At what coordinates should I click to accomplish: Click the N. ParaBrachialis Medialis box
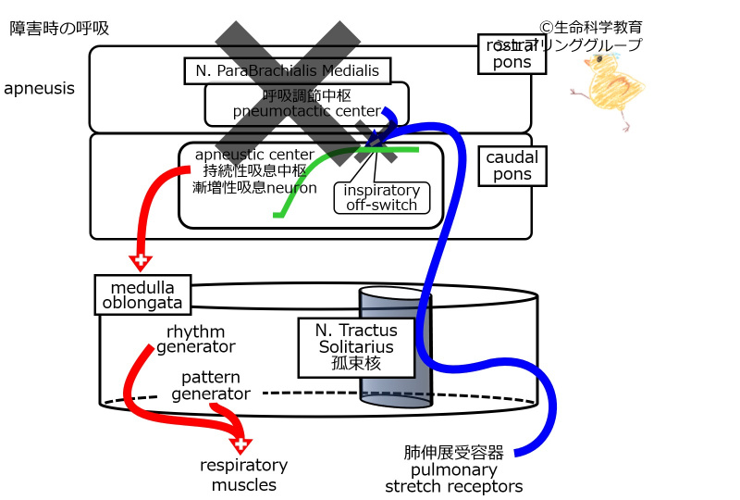(x=287, y=70)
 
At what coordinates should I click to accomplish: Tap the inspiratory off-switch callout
(x=381, y=197)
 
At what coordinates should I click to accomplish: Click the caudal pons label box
(x=512, y=165)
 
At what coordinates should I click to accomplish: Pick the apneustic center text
(x=254, y=154)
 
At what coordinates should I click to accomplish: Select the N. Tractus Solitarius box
(x=356, y=347)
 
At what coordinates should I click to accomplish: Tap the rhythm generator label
(x=195, y=340)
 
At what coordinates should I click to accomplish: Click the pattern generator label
(x=211, y=386)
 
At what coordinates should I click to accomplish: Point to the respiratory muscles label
(x=244, y=475)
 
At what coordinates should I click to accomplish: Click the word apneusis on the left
(x=40, y=89)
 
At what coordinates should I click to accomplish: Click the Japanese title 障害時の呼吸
(x=59, y=28)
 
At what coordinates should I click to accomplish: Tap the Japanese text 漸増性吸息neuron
(x=254, y=187)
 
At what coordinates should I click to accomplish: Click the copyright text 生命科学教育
(x=597, y=28)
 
